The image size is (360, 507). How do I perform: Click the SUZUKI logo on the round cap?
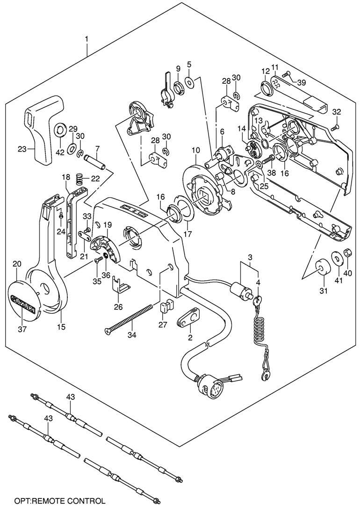pos(25,298)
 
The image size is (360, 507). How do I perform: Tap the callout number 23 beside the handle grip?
pos(22,149)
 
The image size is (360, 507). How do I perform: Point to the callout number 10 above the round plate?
pos(195,150)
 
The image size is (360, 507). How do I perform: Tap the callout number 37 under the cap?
pos(21,330)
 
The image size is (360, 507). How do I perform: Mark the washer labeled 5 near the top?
pos(190,82)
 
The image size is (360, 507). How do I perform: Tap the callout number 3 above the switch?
pos(250,257)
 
